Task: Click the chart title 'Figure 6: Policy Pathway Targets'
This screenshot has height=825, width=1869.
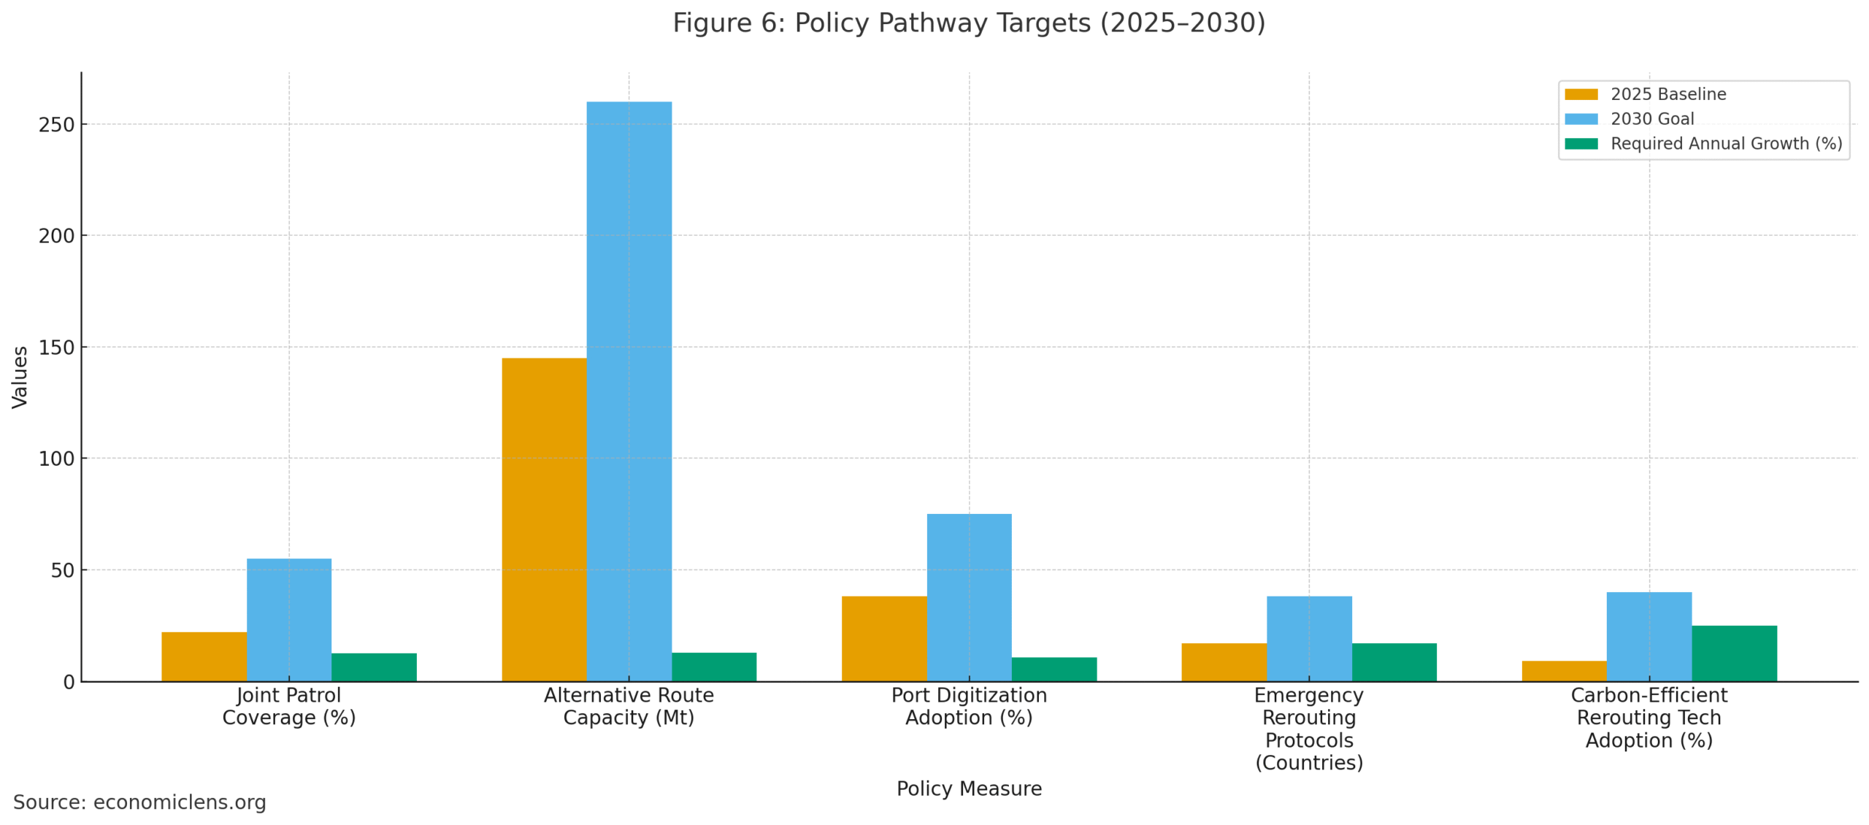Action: click(968, 23)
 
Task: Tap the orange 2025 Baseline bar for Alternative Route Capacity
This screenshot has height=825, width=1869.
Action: click(544, 519)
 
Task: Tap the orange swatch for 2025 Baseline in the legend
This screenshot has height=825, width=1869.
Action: click(1581, 94)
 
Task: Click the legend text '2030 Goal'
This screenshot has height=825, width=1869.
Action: click(1651, 119)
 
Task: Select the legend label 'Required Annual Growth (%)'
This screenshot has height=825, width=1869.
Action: click(1726, 144)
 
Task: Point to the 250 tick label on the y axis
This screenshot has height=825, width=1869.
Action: click(56, 125)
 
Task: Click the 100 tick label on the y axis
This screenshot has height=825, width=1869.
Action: click(56, 458)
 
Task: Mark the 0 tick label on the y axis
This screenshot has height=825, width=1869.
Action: click(69, 682)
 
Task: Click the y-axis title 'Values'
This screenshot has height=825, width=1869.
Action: click(20, 377)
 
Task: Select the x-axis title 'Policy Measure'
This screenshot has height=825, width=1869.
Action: click(969, 788)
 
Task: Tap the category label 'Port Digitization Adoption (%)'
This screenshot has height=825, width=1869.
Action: click(969, 706)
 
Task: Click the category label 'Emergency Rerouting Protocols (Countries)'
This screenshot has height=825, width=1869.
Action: click(1308, 729)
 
